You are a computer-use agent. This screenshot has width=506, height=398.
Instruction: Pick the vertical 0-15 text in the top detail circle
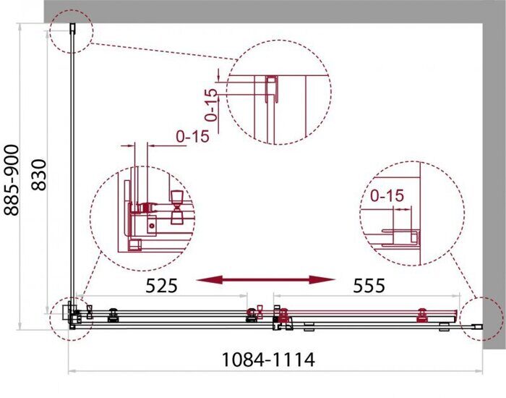click(x=210, y=105)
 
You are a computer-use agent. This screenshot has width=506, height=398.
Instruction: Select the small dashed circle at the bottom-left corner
click(x=72, y=316)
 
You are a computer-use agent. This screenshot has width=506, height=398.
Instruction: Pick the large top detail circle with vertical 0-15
click(x=278, y=93)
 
